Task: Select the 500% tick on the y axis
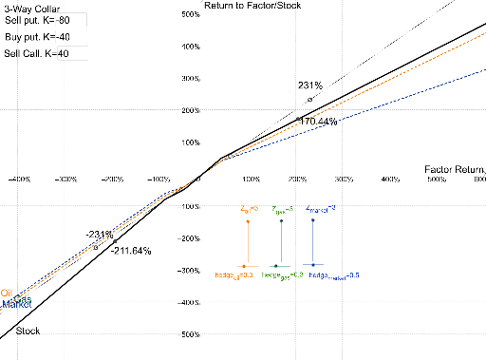pos(187,16)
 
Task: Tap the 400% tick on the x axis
pos(389,179)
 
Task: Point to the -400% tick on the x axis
pos(19,179)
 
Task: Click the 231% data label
pos(310,85)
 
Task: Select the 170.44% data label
pos(318,122)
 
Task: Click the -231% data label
pos(100,234)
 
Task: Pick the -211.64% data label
pos(131,251)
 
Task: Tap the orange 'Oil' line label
pos(7,293)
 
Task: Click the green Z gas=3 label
pos(284,209)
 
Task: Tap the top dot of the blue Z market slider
pos(313,221)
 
